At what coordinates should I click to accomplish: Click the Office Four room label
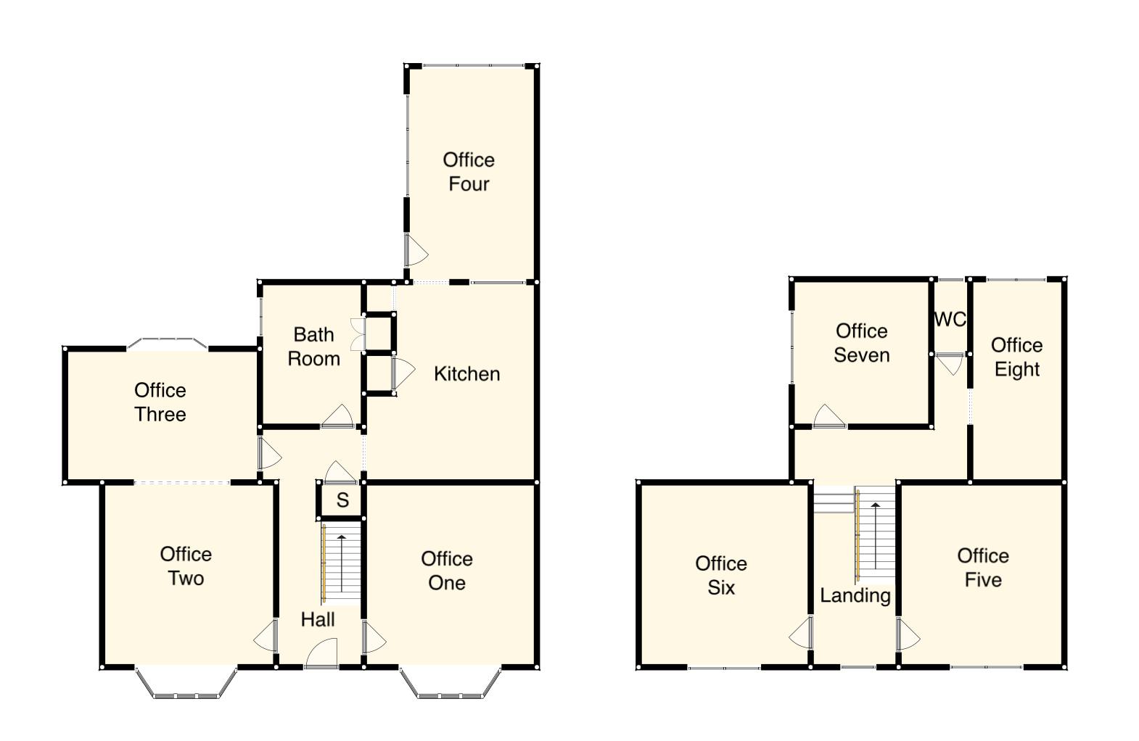(x=469, y=172)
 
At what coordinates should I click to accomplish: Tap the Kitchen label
(x=466, y=374)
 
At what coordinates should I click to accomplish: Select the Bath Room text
(x=313, y=347)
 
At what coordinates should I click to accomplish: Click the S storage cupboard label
(x=342, y=500)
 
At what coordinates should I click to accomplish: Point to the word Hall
(x=318, y=619)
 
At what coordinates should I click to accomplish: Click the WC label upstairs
(x=950, y=320)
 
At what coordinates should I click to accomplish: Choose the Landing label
(x=855, y=595)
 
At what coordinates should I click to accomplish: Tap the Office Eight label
(x=1016, y=357)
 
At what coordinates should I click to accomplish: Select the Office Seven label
(x=861, y=343)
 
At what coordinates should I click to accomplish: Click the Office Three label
(x=160, y=402)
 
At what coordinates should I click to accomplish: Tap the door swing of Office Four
(x=415, y=251)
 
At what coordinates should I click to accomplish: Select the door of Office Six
(x=801, y=633)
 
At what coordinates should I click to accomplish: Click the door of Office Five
(x=908, y=634)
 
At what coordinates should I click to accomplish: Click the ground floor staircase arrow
(x=341, y=562)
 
